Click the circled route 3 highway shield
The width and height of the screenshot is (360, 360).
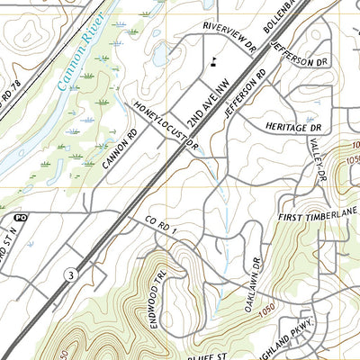[x=67, y=273]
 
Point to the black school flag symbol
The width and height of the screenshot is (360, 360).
[x=214, y=62]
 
